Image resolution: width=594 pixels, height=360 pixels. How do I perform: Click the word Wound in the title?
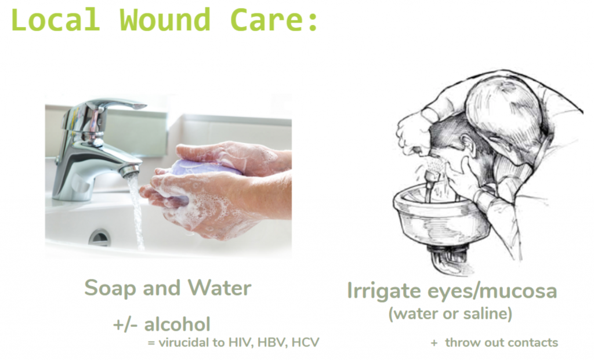[x=165, y=19]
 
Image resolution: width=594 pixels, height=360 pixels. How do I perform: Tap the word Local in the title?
[x=56, y=19]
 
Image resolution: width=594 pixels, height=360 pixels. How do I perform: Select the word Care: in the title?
[x=274, y=19]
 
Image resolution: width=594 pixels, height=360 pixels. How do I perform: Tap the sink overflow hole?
[x=100, y=237]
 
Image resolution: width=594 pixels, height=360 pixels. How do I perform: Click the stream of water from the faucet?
[x=136, y=212]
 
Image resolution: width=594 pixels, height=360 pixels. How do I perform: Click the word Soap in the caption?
[x=110, y=288]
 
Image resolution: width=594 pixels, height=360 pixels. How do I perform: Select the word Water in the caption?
[x=220, y=288]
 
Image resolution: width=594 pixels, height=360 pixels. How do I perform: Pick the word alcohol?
[x=178, y=324]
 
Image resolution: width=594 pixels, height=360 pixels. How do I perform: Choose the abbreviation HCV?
[x=306, y=343]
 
